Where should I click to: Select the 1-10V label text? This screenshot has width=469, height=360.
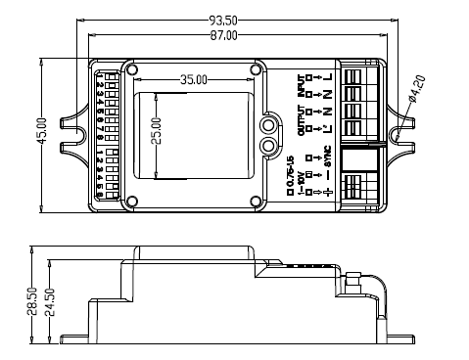[303, 179]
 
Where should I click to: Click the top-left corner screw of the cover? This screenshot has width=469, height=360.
[131, 69]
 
